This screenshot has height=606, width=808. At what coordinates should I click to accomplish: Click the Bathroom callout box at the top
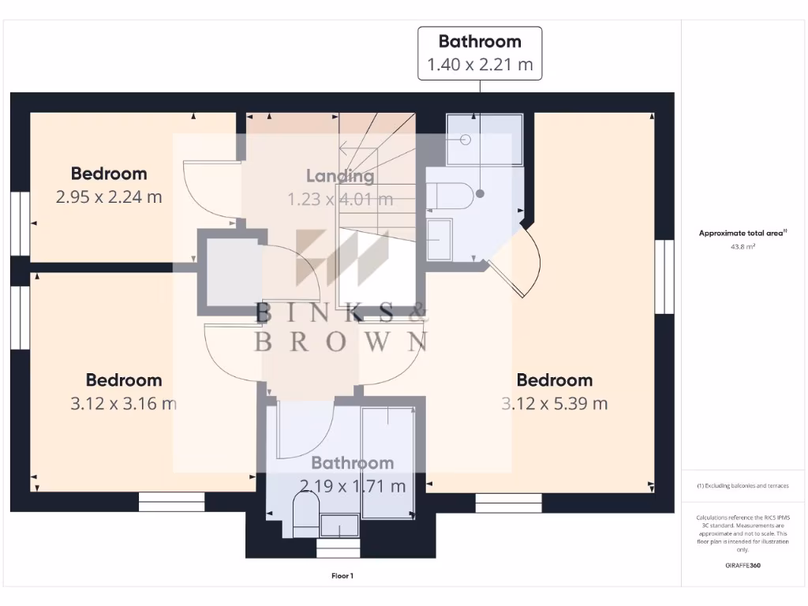[480, 53]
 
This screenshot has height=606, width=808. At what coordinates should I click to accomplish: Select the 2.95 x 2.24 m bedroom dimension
[109, 197]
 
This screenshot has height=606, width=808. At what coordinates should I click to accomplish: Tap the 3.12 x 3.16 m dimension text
[123, 404]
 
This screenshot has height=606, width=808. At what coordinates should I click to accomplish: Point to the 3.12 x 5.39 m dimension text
[555, 404]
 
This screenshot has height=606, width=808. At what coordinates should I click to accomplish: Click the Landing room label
[340, 176]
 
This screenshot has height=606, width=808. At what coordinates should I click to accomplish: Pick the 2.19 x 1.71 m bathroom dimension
[352, 486]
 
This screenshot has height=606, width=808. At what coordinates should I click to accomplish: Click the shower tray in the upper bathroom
[484, 140]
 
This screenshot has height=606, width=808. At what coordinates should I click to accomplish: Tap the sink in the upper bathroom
[440, 240]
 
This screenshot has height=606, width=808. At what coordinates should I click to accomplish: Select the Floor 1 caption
[342, 576]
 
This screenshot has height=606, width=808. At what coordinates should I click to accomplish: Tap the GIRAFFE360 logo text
[743, 565]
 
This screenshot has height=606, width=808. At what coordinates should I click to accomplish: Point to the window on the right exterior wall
[664, 278]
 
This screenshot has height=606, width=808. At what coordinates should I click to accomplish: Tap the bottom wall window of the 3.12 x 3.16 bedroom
[171, 502]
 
